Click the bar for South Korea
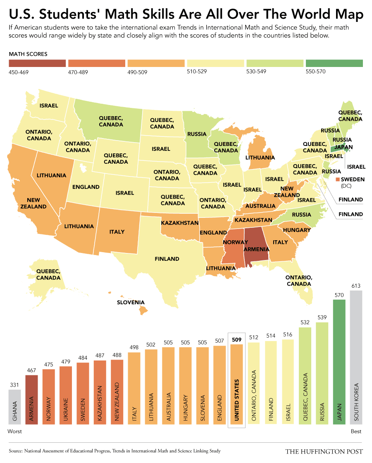click(x=356, y=358)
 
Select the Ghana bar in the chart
click(x=15, y=408)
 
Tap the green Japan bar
click(x=339, y=362)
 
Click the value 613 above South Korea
click(x=356, y=286)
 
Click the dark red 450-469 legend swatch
click(x=37, y=63)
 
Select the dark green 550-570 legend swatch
click(x=334, y=63)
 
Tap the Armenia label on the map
click(x=257, y=249)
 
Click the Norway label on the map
click(x=235, y=242)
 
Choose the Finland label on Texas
click(x=167, y=259)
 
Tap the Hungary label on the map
click(x=297, y=230)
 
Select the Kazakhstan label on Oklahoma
click(x=180, y=223)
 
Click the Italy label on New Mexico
click(x=117, y=231)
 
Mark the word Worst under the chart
click(x=15, y=432)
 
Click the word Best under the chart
click(x=356, y=432)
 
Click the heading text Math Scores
click(x=28, y=54)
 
